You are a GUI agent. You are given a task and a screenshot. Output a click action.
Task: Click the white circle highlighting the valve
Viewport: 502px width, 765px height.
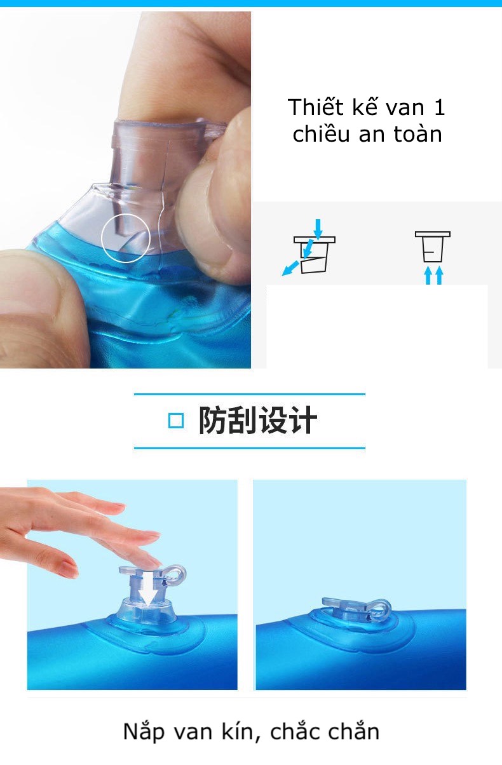pyautogui.click(x=102, y=239)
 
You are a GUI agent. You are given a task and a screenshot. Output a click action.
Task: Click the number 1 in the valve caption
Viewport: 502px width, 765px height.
pyautogui.click(x=440, y=107)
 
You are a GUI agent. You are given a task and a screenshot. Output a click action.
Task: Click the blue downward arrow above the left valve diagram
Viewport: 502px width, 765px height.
pyautogui.click(x=318, y=229)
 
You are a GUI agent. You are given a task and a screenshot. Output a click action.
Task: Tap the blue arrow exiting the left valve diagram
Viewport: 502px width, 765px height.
pyautogui.click(x=290, y=268)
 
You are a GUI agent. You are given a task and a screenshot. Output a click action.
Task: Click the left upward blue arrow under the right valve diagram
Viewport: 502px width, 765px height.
pyautogui.click(x=428, y=275)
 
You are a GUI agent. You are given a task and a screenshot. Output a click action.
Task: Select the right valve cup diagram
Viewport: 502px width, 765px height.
pyautogui.click(x=433, y=247)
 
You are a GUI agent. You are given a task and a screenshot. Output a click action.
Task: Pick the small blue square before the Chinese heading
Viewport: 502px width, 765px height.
pyautogui.click(x=176, y=421)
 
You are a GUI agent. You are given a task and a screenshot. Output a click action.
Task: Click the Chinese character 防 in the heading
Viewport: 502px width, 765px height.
pyautogui.click(x=212, y=421)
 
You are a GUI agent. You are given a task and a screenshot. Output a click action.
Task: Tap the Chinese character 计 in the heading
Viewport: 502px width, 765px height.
pyautogui.click(x=302, y=421)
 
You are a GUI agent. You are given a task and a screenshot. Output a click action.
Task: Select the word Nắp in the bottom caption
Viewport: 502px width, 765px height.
pyautogui.click(x=144, y=732)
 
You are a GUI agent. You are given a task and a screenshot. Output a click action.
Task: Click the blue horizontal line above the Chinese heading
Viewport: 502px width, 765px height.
pyautogui.click(x=250, y=394)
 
